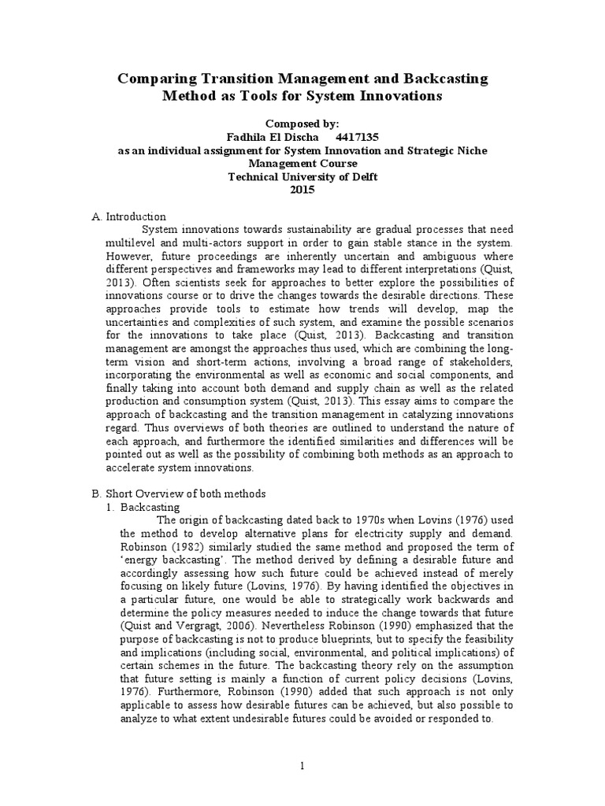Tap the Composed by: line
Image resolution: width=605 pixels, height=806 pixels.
(x=302, y=124)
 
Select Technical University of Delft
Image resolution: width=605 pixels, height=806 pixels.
(x=302, y=176)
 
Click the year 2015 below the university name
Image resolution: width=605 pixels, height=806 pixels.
(x=302, y=190)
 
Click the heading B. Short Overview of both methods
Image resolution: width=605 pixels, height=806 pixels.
(x=179, y=494)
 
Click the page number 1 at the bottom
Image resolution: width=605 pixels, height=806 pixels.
(x=302, y=766)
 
